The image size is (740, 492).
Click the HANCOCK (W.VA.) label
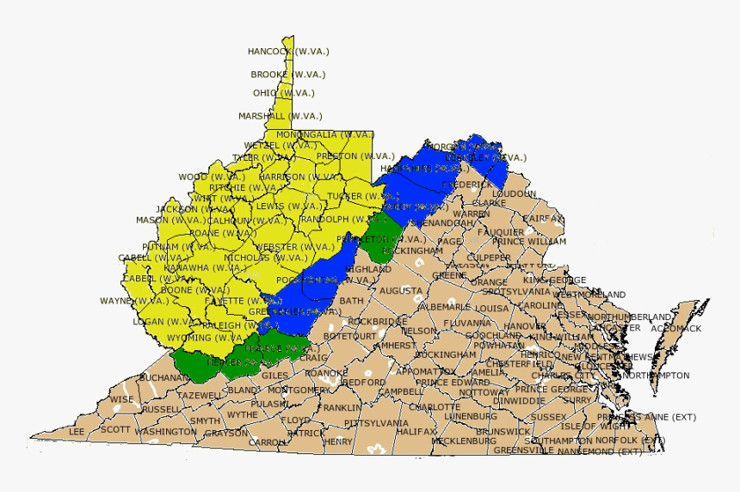click(x=288, y=52)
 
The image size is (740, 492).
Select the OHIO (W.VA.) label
click(x=284, y=93)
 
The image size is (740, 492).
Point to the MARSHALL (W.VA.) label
click(x=281, y=116)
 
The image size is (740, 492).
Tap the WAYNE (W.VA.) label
click(x=134, y=301)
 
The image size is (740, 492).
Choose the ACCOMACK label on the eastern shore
click(x=676, y=329)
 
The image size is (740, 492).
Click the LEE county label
click(x=77, y=432)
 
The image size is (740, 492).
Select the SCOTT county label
click(x=115, y=429)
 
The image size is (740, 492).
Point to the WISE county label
click(x=121, y=399)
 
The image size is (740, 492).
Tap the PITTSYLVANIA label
click(x=377, y=424)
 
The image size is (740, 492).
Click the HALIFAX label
click(x=417, y=432)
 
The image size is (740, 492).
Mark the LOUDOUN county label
click(x=514, y=194)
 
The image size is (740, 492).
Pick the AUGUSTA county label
click(x=401, y=292)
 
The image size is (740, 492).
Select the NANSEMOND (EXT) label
click(x=600, y=451)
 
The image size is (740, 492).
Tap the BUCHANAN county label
click(x=163, y=378)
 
